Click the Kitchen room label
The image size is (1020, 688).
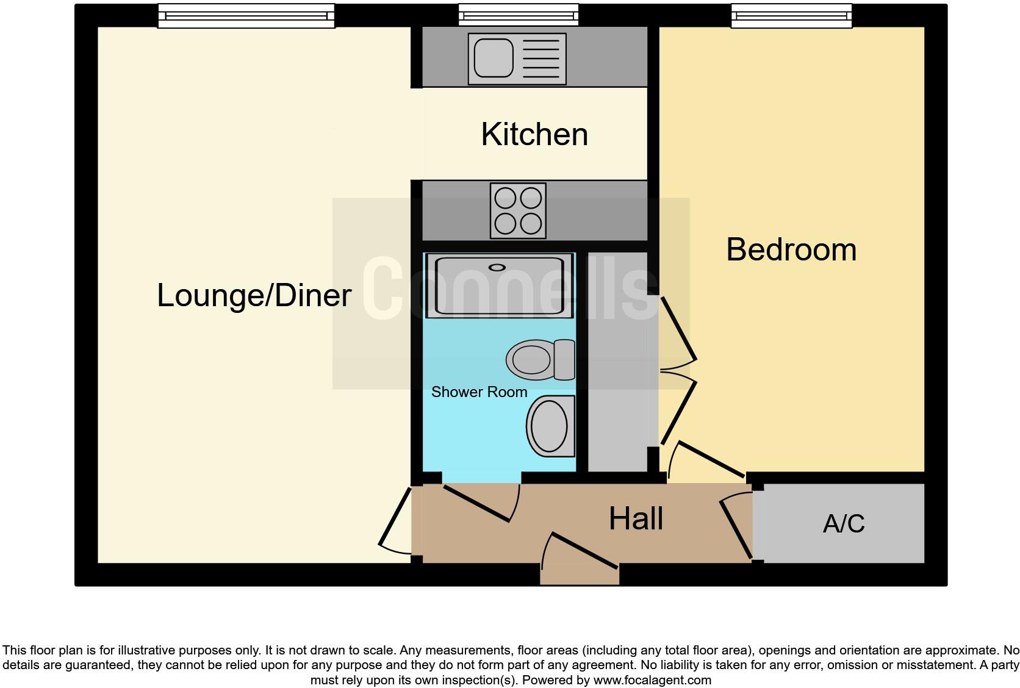click(x=534, y=134)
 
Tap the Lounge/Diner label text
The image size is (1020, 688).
click(x=254, y=295)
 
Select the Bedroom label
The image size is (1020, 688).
click(x=791, y=249)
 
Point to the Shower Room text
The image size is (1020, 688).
click(x=479, y=392)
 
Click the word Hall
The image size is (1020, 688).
click(x=636, y=519)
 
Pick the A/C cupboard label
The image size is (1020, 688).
click(x=844, y=524)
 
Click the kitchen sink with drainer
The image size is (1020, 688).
click(x=517, y=59)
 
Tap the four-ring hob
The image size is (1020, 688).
click(x=519, y=210)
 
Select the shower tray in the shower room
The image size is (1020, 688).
click(x=500, y=286)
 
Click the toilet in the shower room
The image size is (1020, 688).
click(x=540, y=360)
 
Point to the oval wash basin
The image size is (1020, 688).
click(x=550, y=426)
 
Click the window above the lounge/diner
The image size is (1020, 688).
click(x=246, y=16)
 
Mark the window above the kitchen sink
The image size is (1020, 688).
click(x=519, y=15)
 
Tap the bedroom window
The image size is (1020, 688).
click(x=791, y=16)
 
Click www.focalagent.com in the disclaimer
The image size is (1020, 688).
click(x=652, y=679)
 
